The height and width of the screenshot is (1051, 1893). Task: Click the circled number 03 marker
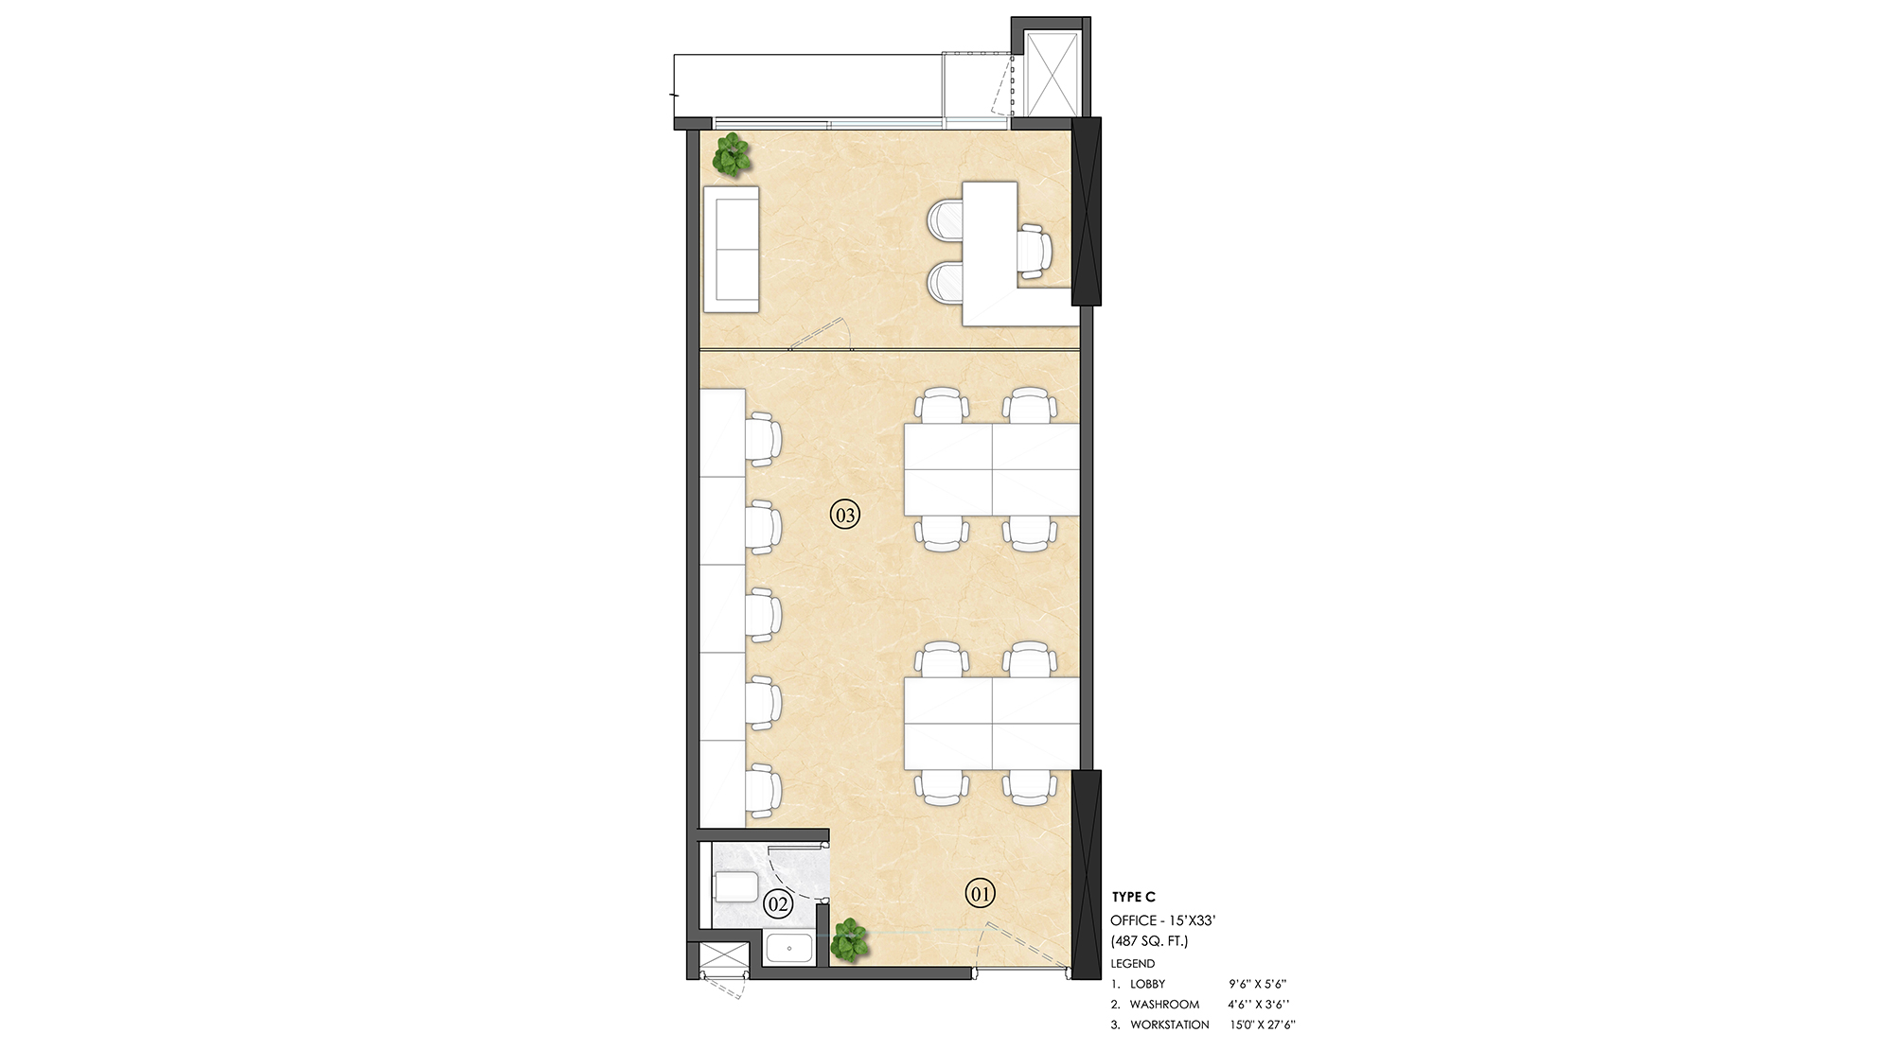point(845,516)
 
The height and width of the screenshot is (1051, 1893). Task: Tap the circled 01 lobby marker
point(980,892)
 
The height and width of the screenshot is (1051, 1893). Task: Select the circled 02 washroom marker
point(778,904)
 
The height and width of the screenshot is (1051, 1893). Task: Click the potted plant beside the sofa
point(732,155)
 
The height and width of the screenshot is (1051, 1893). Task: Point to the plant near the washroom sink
point(849,940)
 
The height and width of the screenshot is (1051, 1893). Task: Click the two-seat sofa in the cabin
point(731,249)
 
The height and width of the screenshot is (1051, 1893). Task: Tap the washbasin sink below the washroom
point(787,949)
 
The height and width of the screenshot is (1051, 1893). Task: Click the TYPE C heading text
point(1134,897)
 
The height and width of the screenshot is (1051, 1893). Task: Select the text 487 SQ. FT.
point(1149,941)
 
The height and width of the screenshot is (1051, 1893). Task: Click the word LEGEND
point(1133,963)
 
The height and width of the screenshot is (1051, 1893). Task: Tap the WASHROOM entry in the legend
point(1164,1004)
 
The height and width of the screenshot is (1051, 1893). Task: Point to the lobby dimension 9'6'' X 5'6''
point(1256,984)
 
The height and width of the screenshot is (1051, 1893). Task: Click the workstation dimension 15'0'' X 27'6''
point(1256,1025)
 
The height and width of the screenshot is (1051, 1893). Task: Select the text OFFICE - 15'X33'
point(1169,920)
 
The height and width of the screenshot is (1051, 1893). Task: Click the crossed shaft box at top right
point(1052,73)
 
